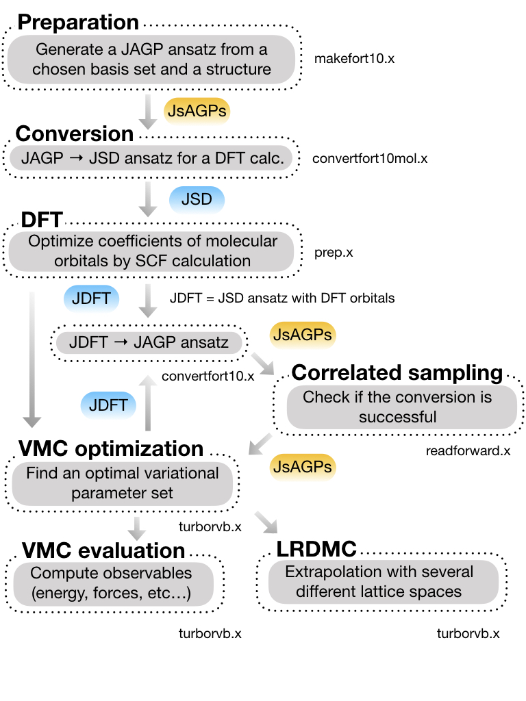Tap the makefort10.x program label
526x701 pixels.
[354, 58]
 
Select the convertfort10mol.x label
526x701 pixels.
[370, 159]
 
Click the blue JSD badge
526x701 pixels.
[196, 201]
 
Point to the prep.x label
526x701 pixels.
[334, 252]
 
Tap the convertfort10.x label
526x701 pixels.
[208, 376]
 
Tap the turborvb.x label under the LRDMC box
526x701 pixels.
[468, 633]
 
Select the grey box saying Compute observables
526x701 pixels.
[112, 583]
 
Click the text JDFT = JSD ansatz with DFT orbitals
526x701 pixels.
[281, 298]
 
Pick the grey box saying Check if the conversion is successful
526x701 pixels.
[397, 407]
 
